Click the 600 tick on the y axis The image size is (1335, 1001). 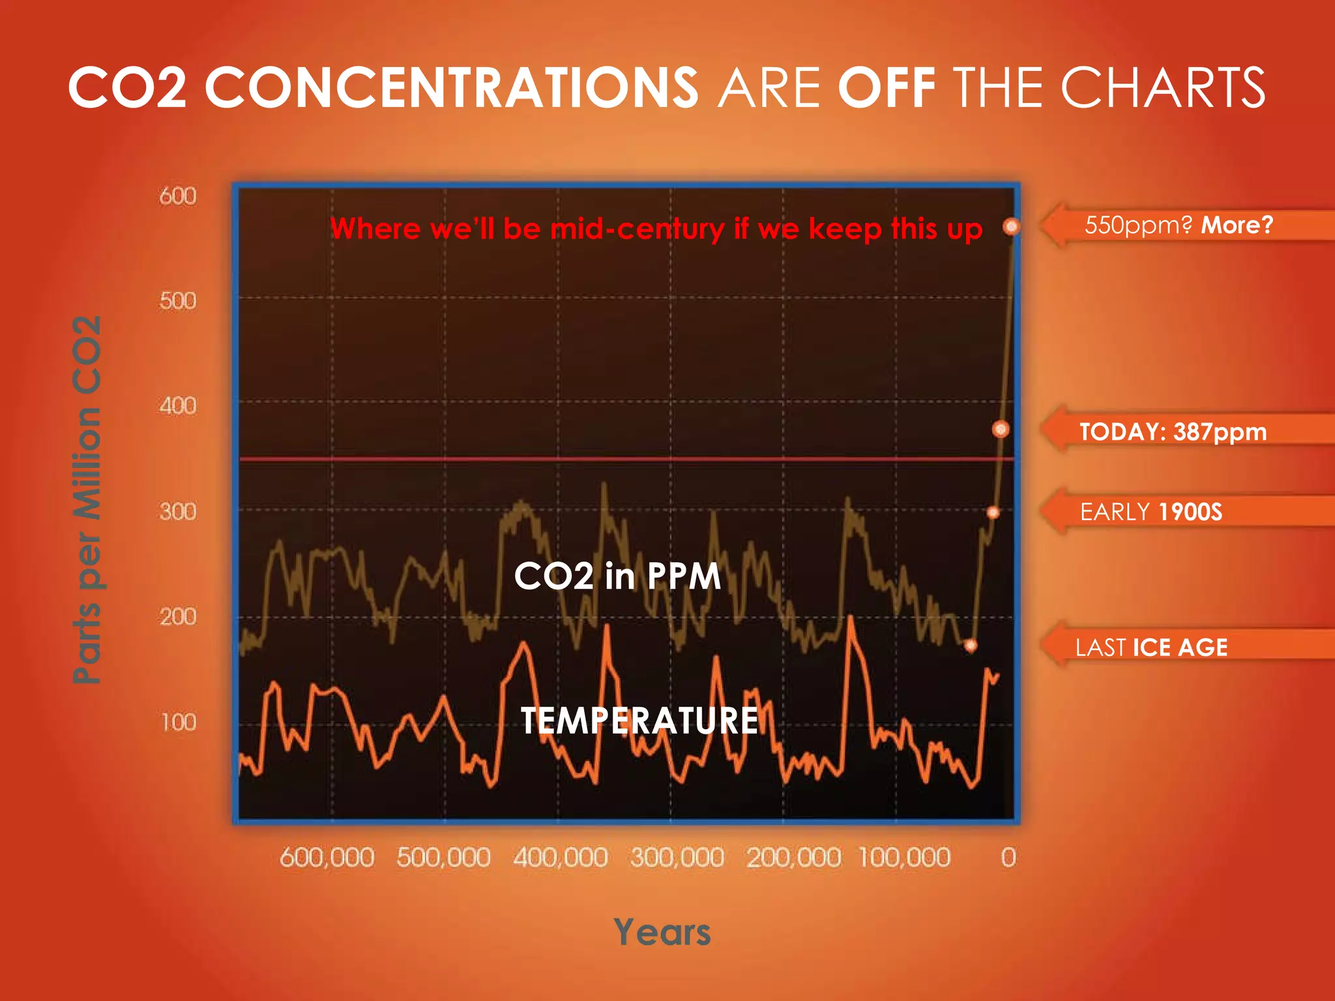click(x=177, y=196)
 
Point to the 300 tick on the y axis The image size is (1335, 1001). click(x=177, y=512)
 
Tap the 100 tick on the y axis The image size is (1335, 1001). click(x=177, y=722)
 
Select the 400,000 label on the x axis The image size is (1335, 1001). click(x=560, y=857)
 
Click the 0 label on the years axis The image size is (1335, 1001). click(x=1008, y=857)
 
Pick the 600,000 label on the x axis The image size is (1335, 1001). click(x=327, y=857)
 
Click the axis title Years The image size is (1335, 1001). click(x=662, y=932)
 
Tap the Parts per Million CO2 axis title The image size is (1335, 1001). click(x=87, y=499)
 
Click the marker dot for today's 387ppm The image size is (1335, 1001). click(x=1001, y=429)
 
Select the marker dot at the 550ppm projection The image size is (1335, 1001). click(x=1011, y=227)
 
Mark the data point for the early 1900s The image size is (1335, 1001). click(x=993, y=512)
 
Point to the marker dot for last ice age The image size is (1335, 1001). click(x=971, y=645)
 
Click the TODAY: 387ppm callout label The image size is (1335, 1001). click(x=1173, y=431)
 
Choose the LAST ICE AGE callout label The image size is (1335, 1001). click(x=1151, y=647)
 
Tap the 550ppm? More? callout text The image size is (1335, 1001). click(x=1179, y=225)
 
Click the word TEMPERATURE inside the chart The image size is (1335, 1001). click(x=639, y=721)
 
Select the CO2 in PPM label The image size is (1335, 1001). click(x=617, y=576)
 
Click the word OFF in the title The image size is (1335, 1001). click(x=886, y=87)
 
